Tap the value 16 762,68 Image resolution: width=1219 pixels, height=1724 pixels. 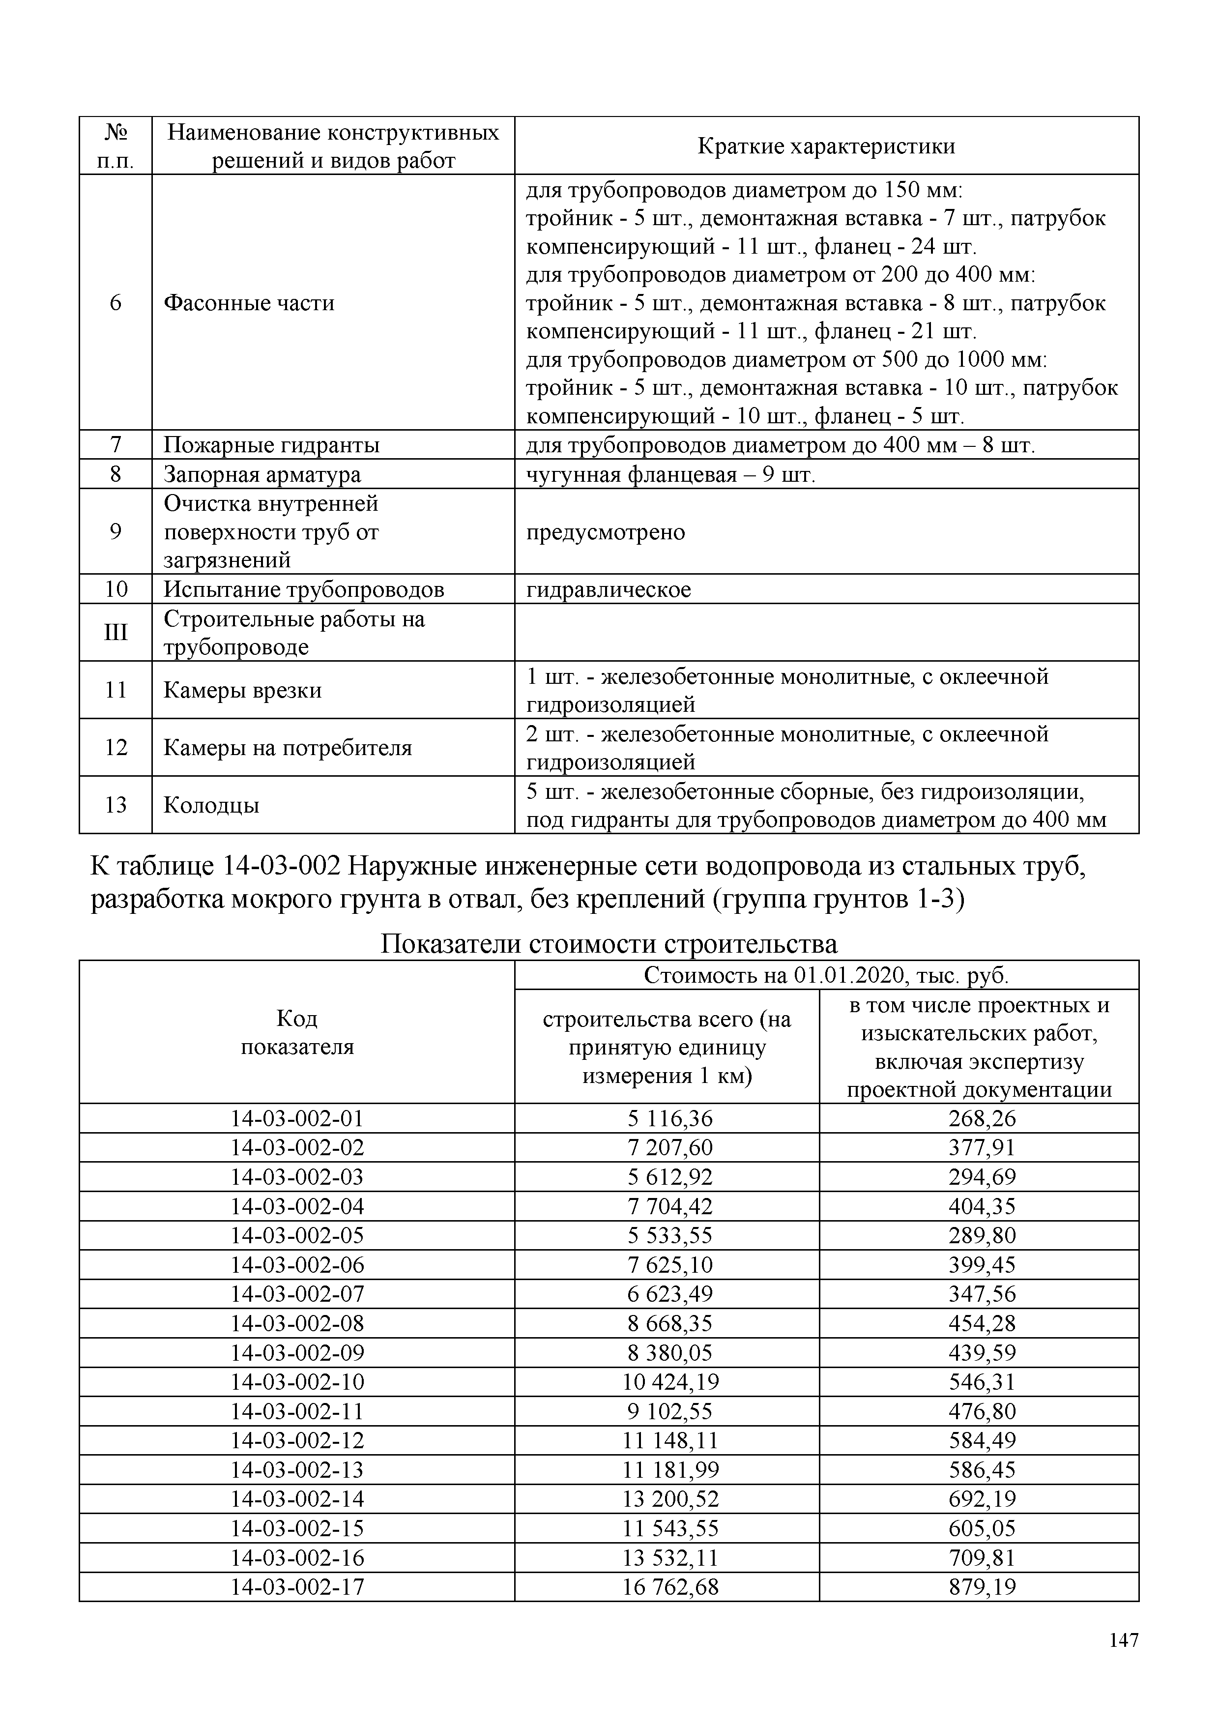point(670,1586)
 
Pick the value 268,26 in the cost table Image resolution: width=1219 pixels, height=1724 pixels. point(982,1118)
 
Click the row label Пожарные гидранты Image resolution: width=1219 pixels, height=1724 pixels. point(272,445)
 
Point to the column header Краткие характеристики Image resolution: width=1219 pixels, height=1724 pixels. point(826,146)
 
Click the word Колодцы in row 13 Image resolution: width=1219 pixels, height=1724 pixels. point(212,805)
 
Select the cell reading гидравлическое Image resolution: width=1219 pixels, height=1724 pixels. point(609,589)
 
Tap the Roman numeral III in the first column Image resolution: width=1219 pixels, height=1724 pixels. point(116,632)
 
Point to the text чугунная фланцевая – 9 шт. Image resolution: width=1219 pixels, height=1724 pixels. point(670,474)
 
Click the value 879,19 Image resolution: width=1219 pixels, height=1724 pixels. point(982,1586)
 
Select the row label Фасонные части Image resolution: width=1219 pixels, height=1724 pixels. point(249,303)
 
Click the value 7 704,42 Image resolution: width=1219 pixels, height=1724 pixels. point(670,1206)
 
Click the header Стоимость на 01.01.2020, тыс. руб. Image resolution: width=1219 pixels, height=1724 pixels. point(826,975)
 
